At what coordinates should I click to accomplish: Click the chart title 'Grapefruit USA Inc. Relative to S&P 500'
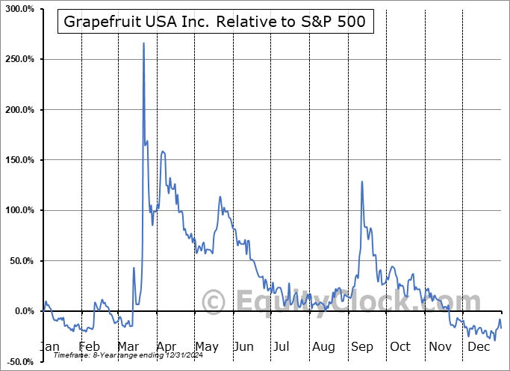[215, 22]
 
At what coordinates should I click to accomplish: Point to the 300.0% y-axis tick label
[18, 8]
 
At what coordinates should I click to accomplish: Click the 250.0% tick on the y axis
[18, 59]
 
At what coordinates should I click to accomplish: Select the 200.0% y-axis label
[18, 109]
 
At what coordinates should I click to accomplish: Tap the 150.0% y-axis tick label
[18, 160]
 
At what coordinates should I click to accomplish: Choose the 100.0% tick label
[18, 210]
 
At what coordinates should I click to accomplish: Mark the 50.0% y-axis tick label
[20, 261]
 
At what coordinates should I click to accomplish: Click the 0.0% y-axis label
[22, 311]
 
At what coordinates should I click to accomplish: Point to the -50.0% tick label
[19, 361]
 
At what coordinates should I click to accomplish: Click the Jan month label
[49, 346]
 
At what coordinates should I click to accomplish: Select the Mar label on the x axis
[128, 346]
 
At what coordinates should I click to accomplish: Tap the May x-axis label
[207, 346]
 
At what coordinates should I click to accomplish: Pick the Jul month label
[282, 346]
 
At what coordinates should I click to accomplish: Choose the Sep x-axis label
[361, 346]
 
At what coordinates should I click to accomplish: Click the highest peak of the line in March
[143, 43]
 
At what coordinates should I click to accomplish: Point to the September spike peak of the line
[362, 182]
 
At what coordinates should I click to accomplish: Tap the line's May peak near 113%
[220, 197]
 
